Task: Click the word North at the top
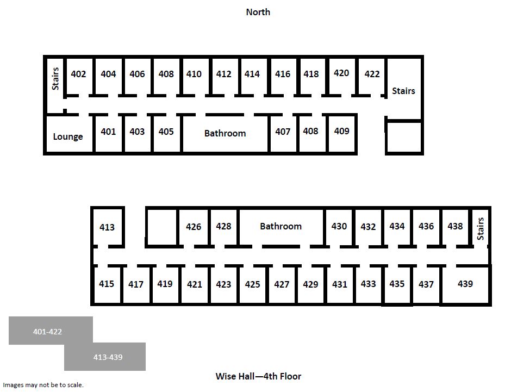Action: pyautogui.click(x=258, y=12)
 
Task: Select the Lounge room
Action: pyautogui.click(x=68, y=134)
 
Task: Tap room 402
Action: pyautogui.click(x=78, y=77)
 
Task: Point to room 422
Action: pyautogui.click(x=372, y=77)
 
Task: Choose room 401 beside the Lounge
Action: pyautogui.click(x=108, y=134)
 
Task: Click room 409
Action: pyautogui.click(x=341, y=134)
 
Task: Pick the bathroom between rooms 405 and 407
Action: pyautogui.click(x=225, y=134)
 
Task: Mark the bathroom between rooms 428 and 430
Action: pyautogui.click(x=281, y=227)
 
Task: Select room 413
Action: pyautogui.click(x=107, y=227)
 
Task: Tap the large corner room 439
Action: pyautogui.click(x=465, y=284)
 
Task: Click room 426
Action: pyautogui.click(x=194, y=227)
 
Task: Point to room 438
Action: pyautogui.click(x=455, y=227)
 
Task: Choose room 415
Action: pyautogui.click(x=107, y=284)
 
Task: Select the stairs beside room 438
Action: pyautogui.click(x=481, y=229)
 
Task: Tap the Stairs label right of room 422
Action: pyautogui.click(x=403, y=91)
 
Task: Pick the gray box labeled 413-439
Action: pyautogui.click(x=105, y=357)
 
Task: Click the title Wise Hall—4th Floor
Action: pyautogui.click(x=258, y=376)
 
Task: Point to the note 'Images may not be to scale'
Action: pyautogui.click(x=43, y=385)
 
